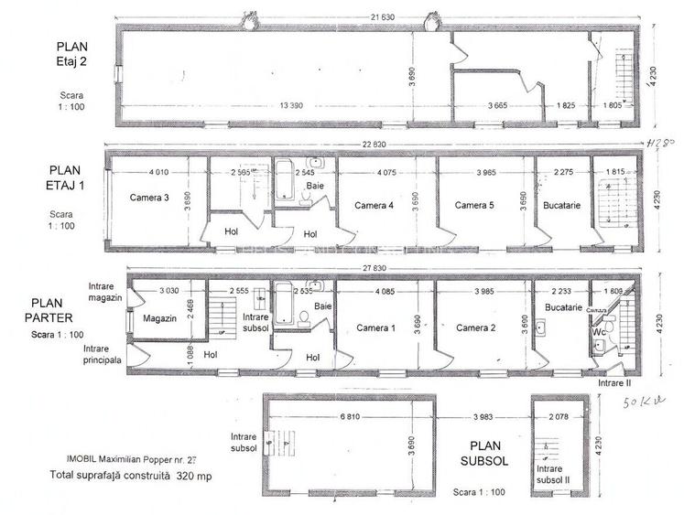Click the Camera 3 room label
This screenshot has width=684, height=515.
pyautogui.click(x=150, y=198)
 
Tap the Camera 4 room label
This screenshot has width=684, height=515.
pyautogui.click(x=374, y=205)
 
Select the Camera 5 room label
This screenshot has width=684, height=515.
pyautogui.click(x=474, y=205)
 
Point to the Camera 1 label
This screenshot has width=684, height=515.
pyautogui.click(x=375, y=327)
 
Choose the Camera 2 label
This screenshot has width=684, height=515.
pyautogui.click(x=476, y=327)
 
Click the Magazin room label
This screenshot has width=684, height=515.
pyautogui.click(x=160, y=318)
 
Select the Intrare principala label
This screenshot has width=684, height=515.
pyautogui.click(x=103, y=354)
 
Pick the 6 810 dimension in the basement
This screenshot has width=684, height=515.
pyautogui.click(x=353, y=419)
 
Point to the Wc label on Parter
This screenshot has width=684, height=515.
pyautogui.click(x=596, y=332)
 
